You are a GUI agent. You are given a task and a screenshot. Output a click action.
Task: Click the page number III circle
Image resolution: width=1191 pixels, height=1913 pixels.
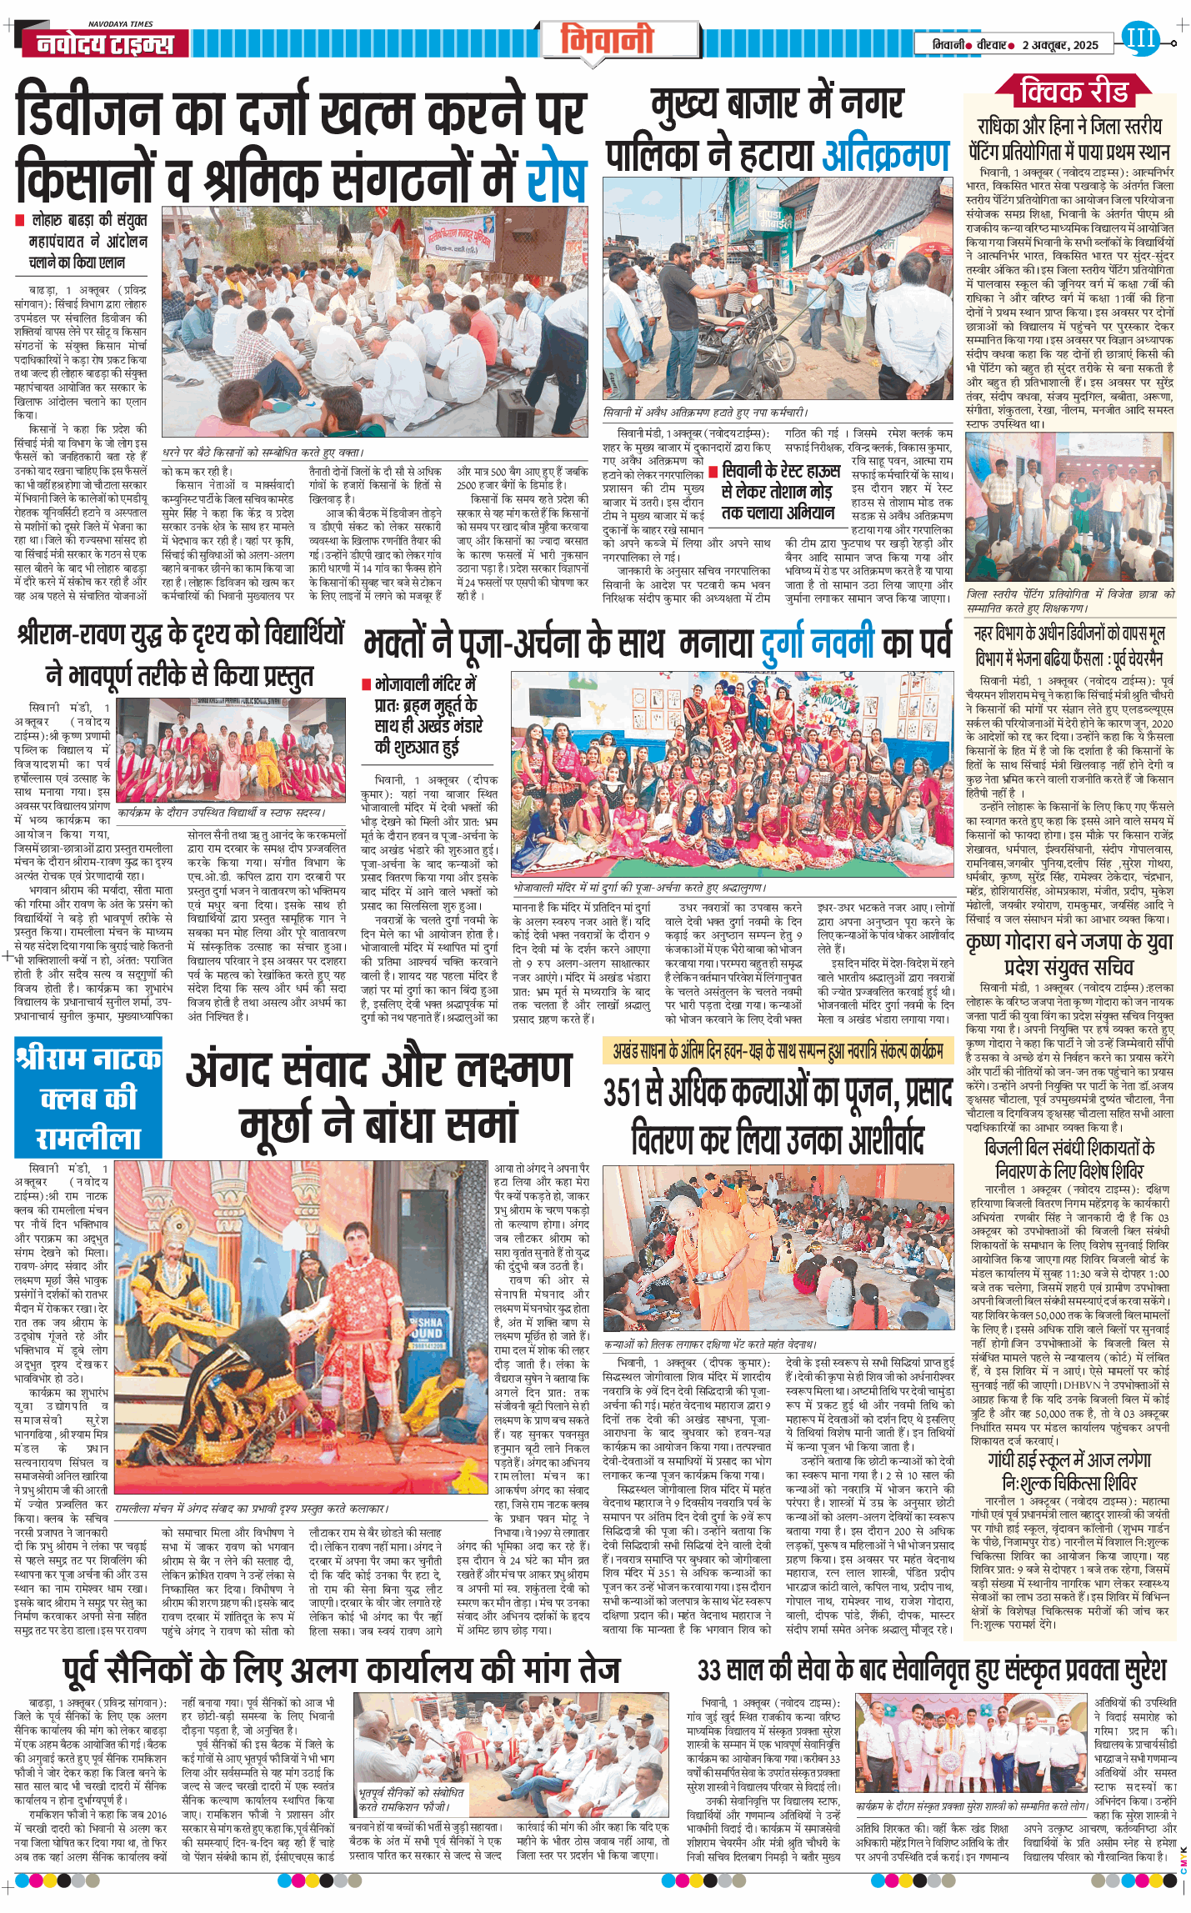pos(1139,38)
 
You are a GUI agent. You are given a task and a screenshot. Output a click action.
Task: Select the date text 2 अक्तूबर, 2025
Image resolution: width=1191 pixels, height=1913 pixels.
pos(1060,45)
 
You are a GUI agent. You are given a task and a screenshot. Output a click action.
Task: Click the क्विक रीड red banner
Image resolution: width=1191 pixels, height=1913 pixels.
pos(1073,90)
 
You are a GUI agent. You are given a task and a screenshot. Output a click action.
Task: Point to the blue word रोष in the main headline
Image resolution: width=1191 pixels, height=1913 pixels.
pos(556,174)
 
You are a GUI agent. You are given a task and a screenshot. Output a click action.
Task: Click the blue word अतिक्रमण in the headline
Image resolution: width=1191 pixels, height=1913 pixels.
pos(886,156)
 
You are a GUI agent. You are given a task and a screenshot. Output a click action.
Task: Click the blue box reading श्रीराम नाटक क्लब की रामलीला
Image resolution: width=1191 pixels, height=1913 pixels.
pos(88,1098)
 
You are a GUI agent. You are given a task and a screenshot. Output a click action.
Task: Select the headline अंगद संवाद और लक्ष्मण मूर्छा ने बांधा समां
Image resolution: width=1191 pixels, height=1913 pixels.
pos(379,1098)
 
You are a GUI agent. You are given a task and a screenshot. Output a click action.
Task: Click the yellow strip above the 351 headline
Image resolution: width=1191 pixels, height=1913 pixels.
pos(777,1051)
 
